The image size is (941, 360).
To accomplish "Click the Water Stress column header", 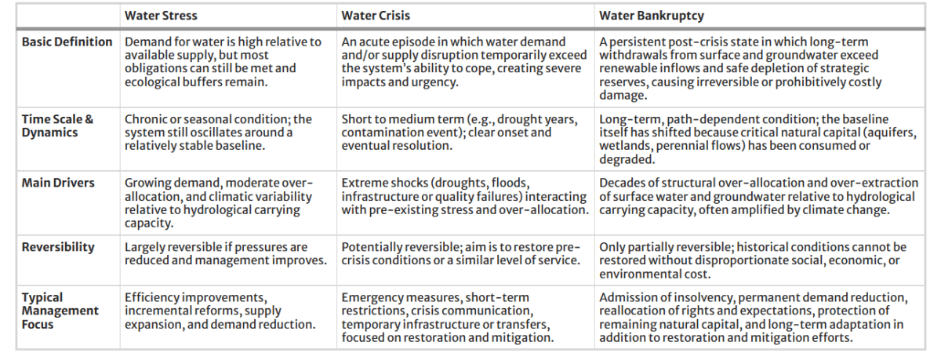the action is [161, 16].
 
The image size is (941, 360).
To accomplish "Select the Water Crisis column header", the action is [376, 16].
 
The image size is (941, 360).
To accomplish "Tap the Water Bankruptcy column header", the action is [652, 16].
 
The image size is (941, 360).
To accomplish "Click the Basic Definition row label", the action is [67, 42].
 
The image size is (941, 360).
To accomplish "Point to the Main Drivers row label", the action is [58, 183].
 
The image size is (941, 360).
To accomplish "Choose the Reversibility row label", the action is [58, 247].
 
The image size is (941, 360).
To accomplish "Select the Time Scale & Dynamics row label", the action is [57, 125].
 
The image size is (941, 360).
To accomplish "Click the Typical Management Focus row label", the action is [60, 311].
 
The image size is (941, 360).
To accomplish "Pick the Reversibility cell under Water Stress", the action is [226, 253].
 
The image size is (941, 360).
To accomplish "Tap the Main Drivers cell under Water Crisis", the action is [465, 196].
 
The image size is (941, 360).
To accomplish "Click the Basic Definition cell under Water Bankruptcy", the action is [740, 68].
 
